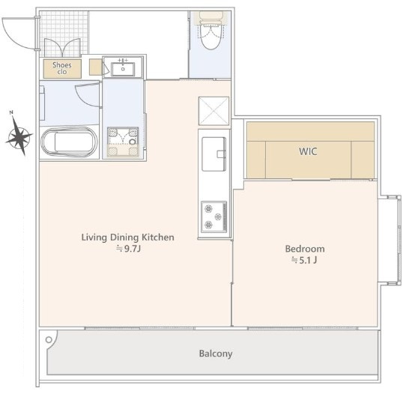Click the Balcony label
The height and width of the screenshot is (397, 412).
[x=216, y=354]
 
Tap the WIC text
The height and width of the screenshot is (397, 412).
[x=308, y=151]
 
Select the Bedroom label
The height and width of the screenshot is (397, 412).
[x=305, y=249]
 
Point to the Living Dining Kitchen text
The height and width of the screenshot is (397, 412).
[x=127, y=237]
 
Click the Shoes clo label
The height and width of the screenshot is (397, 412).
[x=62, y=68]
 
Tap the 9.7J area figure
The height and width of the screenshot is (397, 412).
[x=129, y=249]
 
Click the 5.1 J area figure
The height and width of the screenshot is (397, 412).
[x=304, y=260]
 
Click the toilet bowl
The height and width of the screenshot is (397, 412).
[x=210, y=36]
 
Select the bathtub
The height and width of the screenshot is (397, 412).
[x=70, y=142]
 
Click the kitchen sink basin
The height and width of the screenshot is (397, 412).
[x=214, y=154]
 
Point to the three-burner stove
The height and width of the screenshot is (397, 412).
[x=214, y=216]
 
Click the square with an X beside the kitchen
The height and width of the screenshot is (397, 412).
[x=214, y=111]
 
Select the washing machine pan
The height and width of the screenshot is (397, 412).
[x=123, y=142]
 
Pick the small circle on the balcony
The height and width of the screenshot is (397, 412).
[x=49, y=340]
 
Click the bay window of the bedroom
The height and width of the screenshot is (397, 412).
[x=391, y=240]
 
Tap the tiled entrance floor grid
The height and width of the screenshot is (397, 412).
[x=64, y=34]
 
